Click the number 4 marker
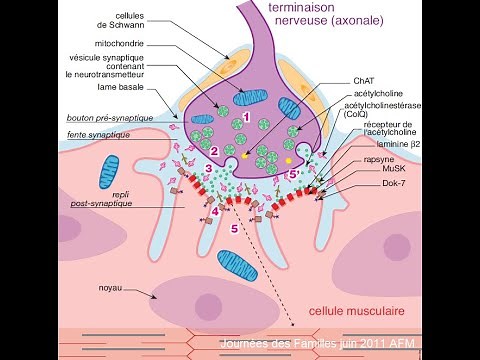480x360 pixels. pyautogui.click(x=215, y=212)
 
